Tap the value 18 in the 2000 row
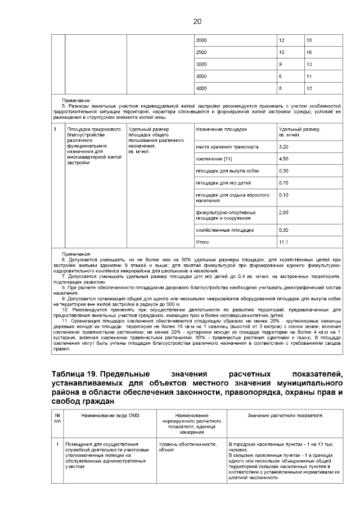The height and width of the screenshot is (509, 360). pos(309,40)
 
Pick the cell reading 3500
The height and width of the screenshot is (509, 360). pos(201,76)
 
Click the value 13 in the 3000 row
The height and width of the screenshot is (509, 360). pos(309,64)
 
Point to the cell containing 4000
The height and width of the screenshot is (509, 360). pos(201,88)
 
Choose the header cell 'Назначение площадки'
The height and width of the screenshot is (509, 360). pos(221,129)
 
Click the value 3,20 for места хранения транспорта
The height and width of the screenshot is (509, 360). pos(283,146)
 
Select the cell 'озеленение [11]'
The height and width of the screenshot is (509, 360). pos(214,159)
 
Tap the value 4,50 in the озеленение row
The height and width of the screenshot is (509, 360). pos(283,159)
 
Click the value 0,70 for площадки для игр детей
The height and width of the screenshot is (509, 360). pos(283,183)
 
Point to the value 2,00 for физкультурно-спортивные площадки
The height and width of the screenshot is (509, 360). pos(283,213)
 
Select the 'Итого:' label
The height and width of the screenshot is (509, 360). pos(202,242)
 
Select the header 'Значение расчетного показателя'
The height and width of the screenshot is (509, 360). pos(285,415)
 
